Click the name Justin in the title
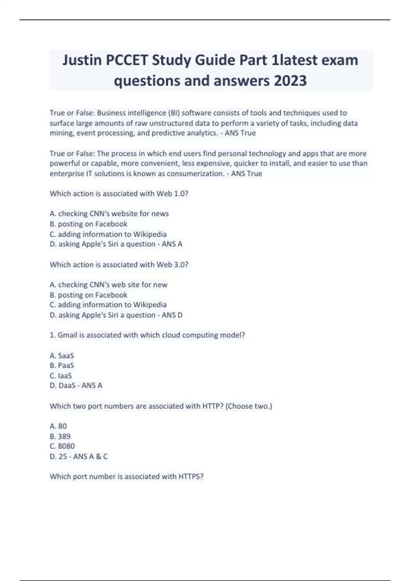82,60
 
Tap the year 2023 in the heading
290,81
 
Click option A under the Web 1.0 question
109,214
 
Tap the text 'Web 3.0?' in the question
172,265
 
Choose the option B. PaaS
62,365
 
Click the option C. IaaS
61,376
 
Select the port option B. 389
60,436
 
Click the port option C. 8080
62,446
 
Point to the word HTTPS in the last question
191,476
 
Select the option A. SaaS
62,356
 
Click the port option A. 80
58,426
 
